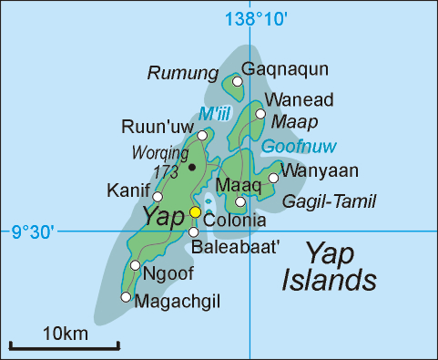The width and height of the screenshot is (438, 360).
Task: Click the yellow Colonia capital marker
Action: (194, 211)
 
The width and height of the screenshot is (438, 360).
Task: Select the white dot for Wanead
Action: (260, 114)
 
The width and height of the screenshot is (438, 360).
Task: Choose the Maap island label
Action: (292, 119)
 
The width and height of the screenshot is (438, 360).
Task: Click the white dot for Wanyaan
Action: (273, 178)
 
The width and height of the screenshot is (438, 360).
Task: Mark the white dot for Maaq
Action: (240, 202)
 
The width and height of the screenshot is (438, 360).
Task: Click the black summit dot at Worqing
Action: (191, 167)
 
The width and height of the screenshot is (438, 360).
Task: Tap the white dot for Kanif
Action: (158, 196)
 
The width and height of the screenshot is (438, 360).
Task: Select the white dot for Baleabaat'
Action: (193, 231)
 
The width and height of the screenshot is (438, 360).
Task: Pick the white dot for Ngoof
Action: (135, 265)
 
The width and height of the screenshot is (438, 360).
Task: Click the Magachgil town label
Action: (173, 301)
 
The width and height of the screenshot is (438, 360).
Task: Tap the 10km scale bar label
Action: (65, 334)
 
